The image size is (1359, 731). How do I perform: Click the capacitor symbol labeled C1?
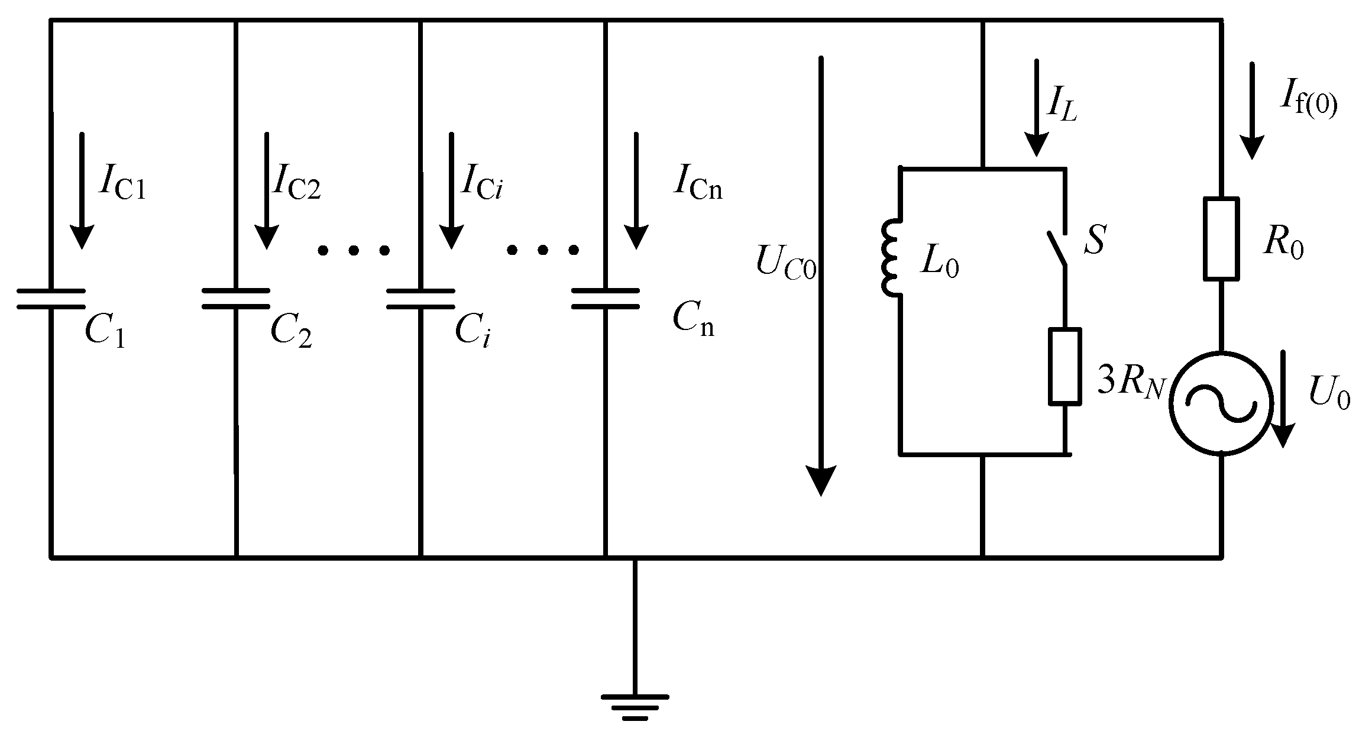point(51,299)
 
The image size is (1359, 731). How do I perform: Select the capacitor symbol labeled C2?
point(236,299)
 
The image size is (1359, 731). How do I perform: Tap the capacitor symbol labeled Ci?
point(420,299)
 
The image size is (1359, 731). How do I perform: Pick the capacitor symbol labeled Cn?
point(606,299)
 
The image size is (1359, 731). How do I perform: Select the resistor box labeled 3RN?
point(1065,367)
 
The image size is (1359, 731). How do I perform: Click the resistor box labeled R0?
point(1221,238)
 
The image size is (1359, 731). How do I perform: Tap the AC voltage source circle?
point(1221,403)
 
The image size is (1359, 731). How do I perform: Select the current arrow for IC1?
point(82,190)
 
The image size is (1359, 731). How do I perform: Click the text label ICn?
point(697,185)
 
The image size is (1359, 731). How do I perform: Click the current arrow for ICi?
point(451,190)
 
